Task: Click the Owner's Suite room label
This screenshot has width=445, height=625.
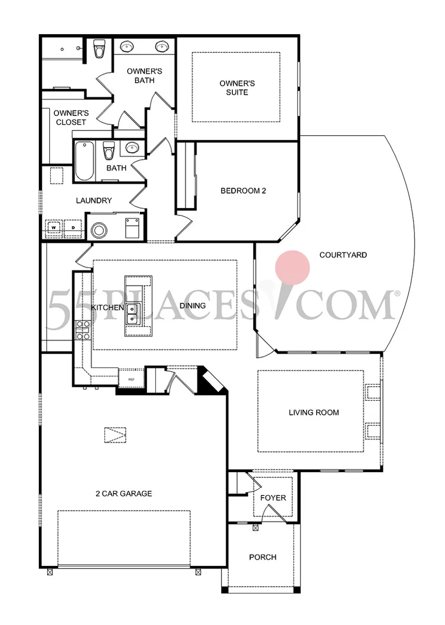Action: pos(237,88)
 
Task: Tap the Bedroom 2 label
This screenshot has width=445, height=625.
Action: pos(243,191)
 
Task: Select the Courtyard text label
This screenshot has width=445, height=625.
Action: pos(343,255)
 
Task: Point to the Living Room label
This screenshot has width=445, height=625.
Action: pos(314,412)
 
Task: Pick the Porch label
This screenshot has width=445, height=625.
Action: pos(262,557)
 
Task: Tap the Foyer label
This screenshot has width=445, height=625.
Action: pos(273,498)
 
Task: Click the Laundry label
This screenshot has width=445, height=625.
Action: pos(94,200)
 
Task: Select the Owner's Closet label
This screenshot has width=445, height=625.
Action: pos(71,118)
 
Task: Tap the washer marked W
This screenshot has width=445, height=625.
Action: pos(53,227)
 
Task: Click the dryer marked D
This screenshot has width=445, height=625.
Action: pos(73,227)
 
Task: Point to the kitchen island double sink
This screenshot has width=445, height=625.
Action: pos(131,314)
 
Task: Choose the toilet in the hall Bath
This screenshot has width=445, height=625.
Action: pos(109,151)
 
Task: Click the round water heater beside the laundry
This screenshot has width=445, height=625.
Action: pos(99,228)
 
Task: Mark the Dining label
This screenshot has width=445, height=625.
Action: pos(192,306)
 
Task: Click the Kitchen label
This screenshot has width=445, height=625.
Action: pos(107,308)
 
